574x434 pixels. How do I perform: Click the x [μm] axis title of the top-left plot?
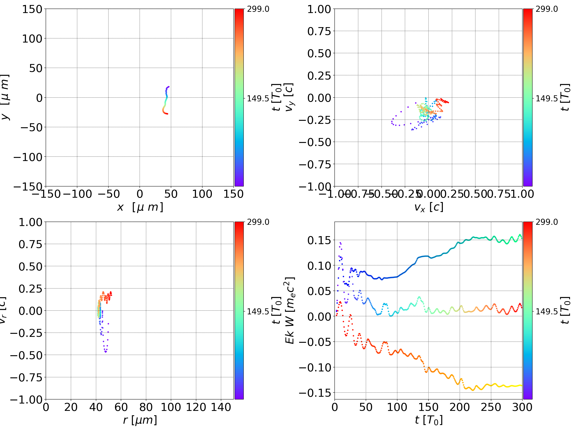click(140, 207)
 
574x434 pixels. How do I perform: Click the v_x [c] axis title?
click(429, 207)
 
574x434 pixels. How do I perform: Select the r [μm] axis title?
click(140, 420)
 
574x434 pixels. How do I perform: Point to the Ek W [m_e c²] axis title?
click(290, 310)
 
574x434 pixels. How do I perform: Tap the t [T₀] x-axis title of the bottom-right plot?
click(429, 420)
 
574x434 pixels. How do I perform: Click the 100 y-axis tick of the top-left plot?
click(32, 39)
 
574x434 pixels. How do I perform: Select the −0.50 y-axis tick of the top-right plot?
click(315, 142)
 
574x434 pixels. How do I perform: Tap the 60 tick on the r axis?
click(121, 407)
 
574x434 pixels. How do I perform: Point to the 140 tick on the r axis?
click(221, 407)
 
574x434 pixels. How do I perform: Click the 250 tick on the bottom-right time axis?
click(491, 407)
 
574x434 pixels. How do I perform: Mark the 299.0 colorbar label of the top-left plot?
click(258, 9)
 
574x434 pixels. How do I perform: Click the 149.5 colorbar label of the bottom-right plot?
click(546, 311)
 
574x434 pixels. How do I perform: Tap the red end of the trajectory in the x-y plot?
click(167, 114)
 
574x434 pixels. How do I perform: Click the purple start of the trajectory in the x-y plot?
click(169, 87)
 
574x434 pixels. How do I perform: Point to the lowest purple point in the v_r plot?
click(106, 352)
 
